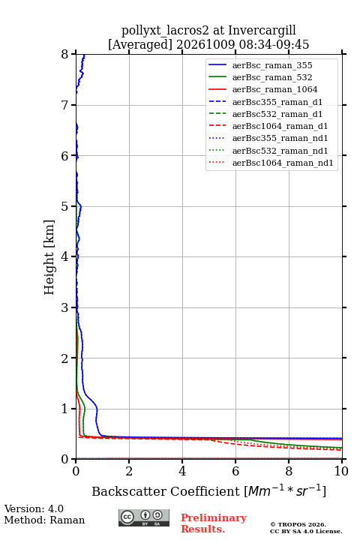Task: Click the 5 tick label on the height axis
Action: click(65, 206)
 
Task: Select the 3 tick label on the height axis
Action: click(65, 307)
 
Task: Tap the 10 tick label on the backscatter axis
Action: click(341, 471)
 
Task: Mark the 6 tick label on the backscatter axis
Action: click(235, 471)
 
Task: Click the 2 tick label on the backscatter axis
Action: click(129, 471)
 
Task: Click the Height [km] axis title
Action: click(49, 257)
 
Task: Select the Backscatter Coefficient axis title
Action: click(208, 491)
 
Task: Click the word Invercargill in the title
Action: click(262, 31)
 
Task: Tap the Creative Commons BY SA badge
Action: click(144, 517)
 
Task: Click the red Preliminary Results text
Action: click(214, 523)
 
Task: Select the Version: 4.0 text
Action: click(34, 508)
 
